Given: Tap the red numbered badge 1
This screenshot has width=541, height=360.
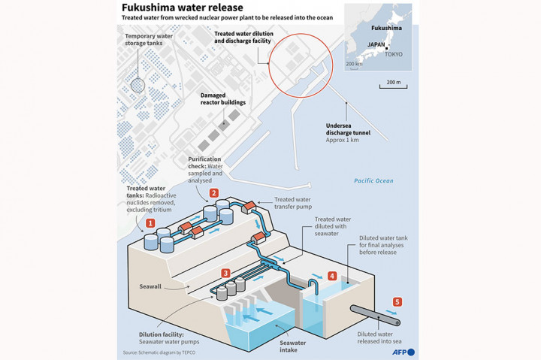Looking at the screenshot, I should (150, 223).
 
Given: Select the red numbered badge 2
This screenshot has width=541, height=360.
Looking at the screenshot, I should (214, 193).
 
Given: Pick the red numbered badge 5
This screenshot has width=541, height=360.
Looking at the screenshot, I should (397, 301).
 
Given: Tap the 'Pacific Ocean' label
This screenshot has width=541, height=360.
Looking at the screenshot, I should (373, 181).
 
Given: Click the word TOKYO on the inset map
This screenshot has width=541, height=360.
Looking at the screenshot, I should (393, 54).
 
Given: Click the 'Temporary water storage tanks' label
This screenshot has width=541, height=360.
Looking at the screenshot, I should (148, 41).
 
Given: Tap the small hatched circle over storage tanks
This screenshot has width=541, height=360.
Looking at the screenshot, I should (138, 83).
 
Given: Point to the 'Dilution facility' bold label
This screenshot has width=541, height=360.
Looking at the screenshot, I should (162, 335).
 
